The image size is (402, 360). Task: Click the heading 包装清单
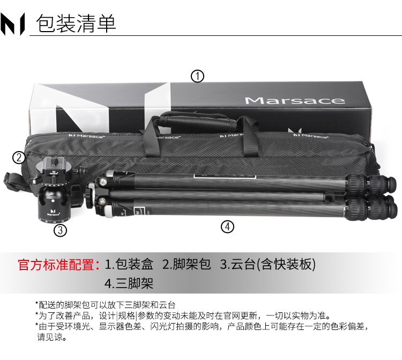(x=76, y=24)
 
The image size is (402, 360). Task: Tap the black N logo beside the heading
(x=12, y=24)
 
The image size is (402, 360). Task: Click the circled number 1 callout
(x=197, y=77)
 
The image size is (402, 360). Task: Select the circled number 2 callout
(x=19, y=157)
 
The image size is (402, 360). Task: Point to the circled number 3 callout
(x=60, y=230)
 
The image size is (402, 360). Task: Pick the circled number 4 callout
(x=227, y=227)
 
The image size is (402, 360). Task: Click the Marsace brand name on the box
(x=295, y=101)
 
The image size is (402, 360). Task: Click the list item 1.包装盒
(x=129, y=265)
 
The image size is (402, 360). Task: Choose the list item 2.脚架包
(x=187, y=265)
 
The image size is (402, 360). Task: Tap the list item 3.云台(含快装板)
(x=268, y=265)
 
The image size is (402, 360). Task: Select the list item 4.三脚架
(x=129, y=283)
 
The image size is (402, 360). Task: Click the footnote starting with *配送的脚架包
(x=106, y=305)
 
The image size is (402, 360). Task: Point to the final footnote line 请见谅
(x=52, y=337)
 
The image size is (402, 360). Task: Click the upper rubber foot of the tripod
(x=390, y=183)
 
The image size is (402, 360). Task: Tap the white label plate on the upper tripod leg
(x=225, y=177)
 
